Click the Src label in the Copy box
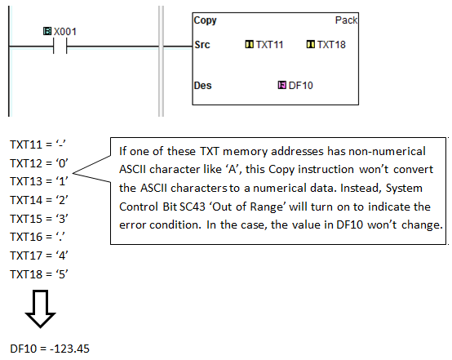pos(203,44)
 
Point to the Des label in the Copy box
pos(204,84)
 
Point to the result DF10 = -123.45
pos(50,349)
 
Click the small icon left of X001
pos(47,31)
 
